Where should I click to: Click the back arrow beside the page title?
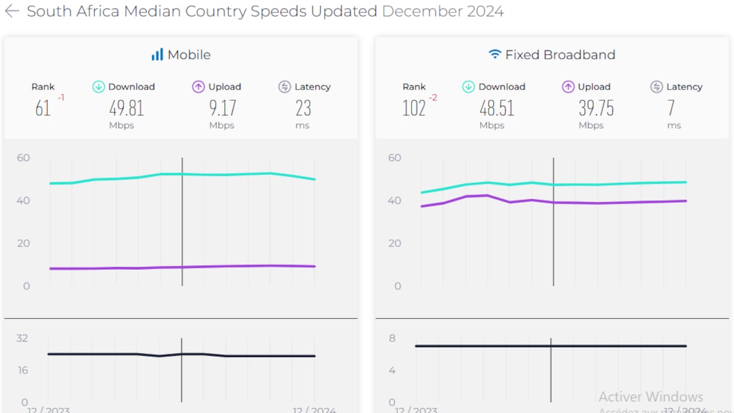11,11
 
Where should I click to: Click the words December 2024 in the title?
442,11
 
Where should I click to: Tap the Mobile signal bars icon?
157,55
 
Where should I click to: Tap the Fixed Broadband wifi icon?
495,55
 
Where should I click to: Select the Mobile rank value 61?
43,108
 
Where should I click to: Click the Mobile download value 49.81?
127,108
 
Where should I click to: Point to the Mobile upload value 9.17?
223,108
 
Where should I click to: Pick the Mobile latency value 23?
303,108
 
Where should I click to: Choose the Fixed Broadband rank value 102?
414,108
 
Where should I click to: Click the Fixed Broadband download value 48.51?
497,108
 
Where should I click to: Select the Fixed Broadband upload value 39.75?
596,108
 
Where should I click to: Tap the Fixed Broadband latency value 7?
671,108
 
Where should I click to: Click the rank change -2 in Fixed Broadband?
433,98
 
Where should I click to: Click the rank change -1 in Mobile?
61,98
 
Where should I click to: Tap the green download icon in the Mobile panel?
98,87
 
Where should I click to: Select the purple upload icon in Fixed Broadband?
568,87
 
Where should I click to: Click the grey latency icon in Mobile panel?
285,87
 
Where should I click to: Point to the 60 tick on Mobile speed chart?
24,158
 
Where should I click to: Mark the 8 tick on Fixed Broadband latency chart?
392,338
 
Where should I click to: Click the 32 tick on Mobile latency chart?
22,338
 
